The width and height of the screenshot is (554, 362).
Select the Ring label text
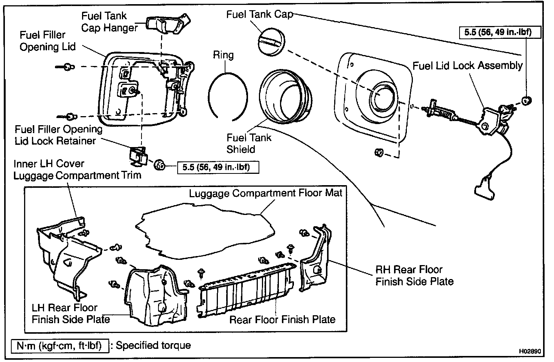(x=223, y=55)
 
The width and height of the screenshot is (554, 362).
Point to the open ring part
(x=209, y=97)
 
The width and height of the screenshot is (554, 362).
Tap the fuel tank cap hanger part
(x=168, y=23)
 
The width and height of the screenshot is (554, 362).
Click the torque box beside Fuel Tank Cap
(x=500, y=32)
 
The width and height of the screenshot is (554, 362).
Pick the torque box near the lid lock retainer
(x=218, y=167)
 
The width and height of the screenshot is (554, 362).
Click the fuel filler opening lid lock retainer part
(x=138, y=157)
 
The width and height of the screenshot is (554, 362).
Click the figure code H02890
(x=530, y=351)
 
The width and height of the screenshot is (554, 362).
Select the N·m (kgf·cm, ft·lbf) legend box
(x=60, y=346)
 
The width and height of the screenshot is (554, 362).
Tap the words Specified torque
(x=153, y=345)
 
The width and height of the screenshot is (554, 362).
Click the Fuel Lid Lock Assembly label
(x=467, y=66)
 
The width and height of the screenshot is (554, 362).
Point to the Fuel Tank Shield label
(x=249, y=143)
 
